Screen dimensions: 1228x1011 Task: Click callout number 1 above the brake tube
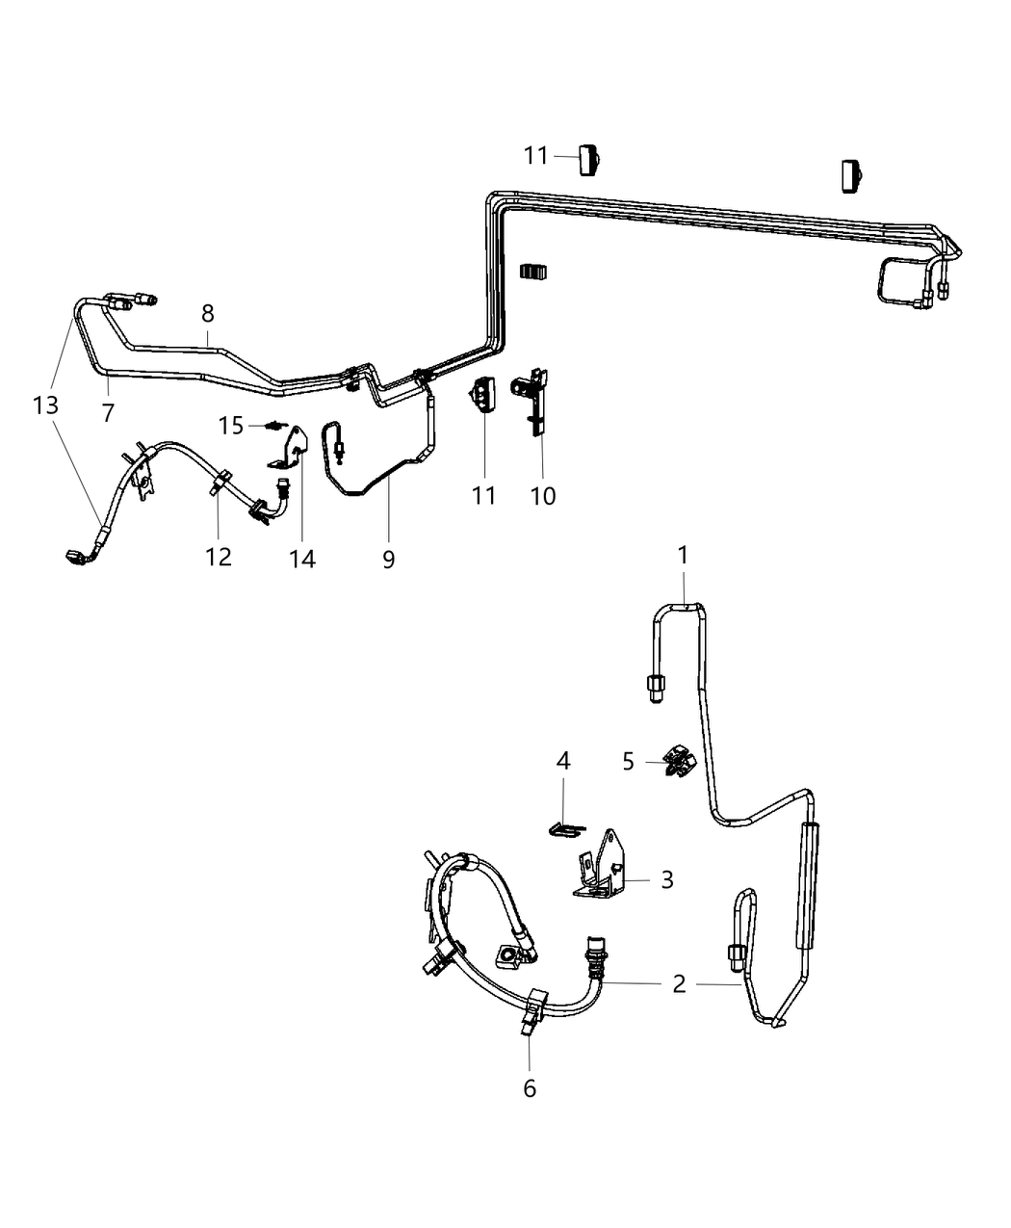pos(683,556)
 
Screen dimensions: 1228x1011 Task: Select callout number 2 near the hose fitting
pos(680,983)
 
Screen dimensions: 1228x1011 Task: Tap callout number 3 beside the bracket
pos(667,879)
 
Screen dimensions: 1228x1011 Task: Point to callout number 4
pos(563,762)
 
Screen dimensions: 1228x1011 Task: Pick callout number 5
pos(629,762)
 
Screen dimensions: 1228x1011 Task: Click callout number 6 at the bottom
pos(529,1088)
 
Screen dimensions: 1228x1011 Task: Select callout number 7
pos(108,413)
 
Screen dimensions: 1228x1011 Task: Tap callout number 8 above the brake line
pos(207,313)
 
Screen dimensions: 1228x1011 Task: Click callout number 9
pos(388,559)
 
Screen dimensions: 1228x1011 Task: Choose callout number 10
pos(543,496)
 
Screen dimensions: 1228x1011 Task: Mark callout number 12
pos(219,556)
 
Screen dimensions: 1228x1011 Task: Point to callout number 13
pos(45,405)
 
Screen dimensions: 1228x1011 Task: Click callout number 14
pos(302,558)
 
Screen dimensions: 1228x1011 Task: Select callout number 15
pos(231,425)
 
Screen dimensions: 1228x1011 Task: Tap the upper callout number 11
pos(535,155)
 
